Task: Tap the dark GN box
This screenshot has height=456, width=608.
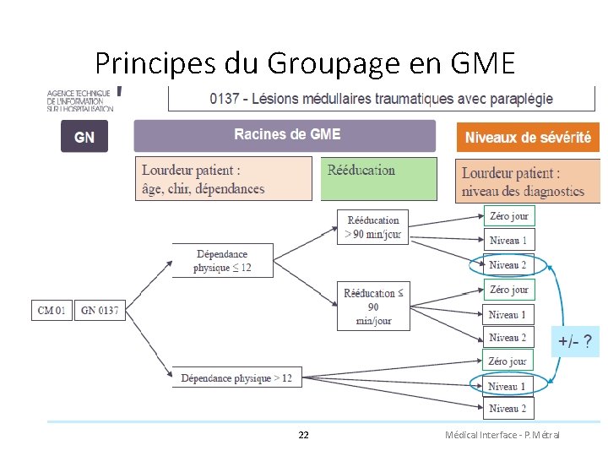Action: click(x=84, y=137)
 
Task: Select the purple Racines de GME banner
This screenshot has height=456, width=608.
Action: click(x=285, y=135)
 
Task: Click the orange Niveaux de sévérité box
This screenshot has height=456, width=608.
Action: click(x=528, y=137)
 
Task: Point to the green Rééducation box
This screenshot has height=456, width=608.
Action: click(x=378, y=178)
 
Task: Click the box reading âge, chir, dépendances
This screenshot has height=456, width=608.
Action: click(x=223, y=179)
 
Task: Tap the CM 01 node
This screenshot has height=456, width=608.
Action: click(x=52, y=311)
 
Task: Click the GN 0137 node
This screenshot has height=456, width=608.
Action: click(x=100, y=311)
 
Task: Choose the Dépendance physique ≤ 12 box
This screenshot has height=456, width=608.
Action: click(x=222, y=260)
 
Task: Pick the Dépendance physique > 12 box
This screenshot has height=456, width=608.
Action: click(x=236, y=377)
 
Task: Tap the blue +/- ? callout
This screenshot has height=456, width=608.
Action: click(x=574, y=342)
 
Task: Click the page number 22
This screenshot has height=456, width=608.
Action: click(x=304, y=435)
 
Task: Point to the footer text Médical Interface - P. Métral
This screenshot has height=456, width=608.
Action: click(x=502, y=435)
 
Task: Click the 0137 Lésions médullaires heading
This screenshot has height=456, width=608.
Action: click(x=382, y=99)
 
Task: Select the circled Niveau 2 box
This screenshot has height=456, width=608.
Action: click(x=508, y=265)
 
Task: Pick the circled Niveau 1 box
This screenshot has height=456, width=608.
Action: click(x=507, y=386)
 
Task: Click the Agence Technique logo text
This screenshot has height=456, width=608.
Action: click(x=80, y=100)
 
